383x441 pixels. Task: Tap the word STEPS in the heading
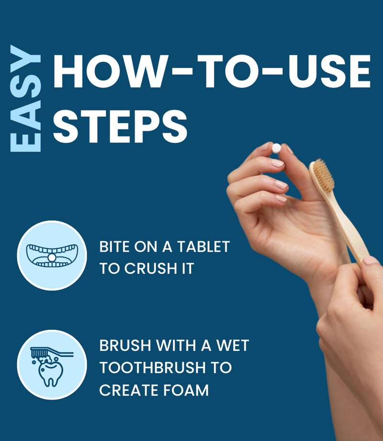[x=120, y=126]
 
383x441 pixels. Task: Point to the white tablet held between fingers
[x=276, y=148]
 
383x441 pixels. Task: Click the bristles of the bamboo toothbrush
[x=324, y=175]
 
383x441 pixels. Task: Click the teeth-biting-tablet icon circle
[x=52, y=255]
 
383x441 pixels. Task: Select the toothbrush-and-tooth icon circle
[x=52, y=365]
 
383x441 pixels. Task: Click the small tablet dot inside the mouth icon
[x=51, y=258]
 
